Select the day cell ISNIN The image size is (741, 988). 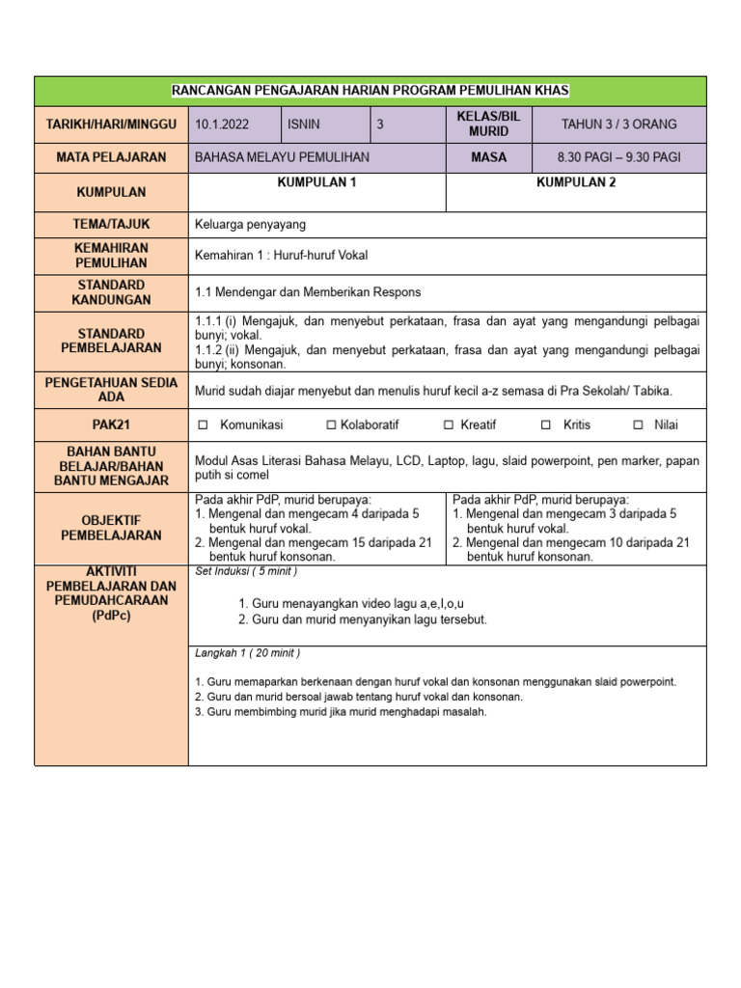click(x=303, y=124)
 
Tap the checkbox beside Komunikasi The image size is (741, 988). click(x=203, y=425)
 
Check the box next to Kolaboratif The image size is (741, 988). click(x=331, y=425)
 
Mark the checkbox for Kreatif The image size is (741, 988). click(x=449, y=425)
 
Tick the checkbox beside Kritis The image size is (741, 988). click(x=546, y=425)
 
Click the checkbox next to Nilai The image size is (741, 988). click(x=638, y=425)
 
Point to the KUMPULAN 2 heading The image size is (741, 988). click(x=576, y=182)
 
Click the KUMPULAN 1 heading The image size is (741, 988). click(x=316, y=182)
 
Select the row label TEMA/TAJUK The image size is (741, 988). click(x=111, y=224)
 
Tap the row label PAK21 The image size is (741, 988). click(x=111, y=425)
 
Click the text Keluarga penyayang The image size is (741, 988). click(x=250, y=225)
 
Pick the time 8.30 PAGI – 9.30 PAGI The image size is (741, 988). click(x=618, y=156)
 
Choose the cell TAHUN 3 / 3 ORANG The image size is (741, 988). click(x=618, y=124)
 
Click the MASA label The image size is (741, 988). click(x=488, y=156)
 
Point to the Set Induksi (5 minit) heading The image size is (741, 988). click(x=246, y=571)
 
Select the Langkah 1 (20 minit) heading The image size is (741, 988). click(x=248, y=653)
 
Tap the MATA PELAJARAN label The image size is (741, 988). click(x=111, y=156)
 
